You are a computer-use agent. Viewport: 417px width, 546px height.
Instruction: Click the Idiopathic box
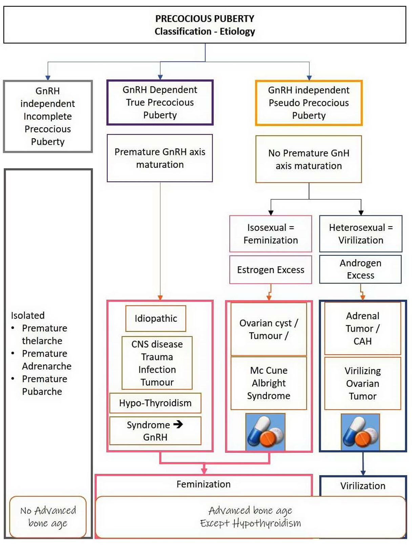155,318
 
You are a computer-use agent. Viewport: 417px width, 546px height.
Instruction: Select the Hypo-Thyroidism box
155,403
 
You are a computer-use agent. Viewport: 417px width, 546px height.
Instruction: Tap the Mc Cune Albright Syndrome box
269,383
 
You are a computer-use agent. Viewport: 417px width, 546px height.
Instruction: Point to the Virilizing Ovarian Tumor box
362,383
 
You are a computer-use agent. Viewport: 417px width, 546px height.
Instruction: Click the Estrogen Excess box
270,270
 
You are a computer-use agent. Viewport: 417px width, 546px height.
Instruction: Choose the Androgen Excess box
360,269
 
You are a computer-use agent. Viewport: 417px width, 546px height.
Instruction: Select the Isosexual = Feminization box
270,234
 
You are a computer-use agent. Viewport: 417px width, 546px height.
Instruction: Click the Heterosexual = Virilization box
361,234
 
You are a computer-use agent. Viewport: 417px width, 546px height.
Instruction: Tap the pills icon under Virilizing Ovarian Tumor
360,432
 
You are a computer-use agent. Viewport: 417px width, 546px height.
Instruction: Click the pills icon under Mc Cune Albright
265,432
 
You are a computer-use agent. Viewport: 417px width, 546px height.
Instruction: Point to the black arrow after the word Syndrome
178,424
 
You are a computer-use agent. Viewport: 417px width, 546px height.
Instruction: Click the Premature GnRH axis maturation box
160,158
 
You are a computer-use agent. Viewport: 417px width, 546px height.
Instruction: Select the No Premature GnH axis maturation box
309,159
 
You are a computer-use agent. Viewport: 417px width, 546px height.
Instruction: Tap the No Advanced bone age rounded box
48,517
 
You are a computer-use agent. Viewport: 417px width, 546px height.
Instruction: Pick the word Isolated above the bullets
28,315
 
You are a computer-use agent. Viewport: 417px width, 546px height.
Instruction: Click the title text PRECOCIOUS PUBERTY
205,19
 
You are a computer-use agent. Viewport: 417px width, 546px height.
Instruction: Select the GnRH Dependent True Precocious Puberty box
160,102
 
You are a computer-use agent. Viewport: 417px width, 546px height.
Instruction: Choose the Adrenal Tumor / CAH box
362,328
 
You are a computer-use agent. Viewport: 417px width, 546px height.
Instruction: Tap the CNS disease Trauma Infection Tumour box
157,363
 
